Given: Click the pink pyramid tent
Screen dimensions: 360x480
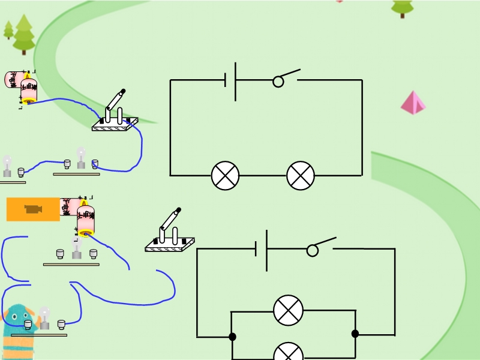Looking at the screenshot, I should coord(413,103).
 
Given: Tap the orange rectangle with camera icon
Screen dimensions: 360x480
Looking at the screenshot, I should coord(33,209).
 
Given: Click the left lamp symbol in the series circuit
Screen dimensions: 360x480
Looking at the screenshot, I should coord(225,176).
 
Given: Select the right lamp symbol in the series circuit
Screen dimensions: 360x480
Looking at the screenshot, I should coord(301,176).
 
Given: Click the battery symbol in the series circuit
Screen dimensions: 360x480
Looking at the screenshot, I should coord(231,80).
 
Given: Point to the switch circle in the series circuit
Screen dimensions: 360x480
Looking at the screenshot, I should coord(278,82).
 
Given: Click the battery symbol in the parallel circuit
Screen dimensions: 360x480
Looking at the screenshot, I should coord(262,249).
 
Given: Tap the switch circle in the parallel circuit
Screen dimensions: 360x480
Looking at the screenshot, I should coord(313,251).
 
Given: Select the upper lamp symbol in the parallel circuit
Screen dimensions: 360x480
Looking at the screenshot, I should coord(288,310).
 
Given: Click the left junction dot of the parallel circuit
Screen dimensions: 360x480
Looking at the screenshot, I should coord(232,337).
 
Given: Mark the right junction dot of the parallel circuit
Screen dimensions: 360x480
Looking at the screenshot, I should coord(355,334).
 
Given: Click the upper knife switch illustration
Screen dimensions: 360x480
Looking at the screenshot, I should coord(115,113).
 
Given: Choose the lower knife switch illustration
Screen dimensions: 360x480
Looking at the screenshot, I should coord(170,232).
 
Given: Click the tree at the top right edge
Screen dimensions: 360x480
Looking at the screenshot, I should coord(402,7).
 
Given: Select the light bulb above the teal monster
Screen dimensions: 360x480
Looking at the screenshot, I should coord(44,319).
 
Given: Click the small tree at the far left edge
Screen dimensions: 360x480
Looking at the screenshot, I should coord(8,30).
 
